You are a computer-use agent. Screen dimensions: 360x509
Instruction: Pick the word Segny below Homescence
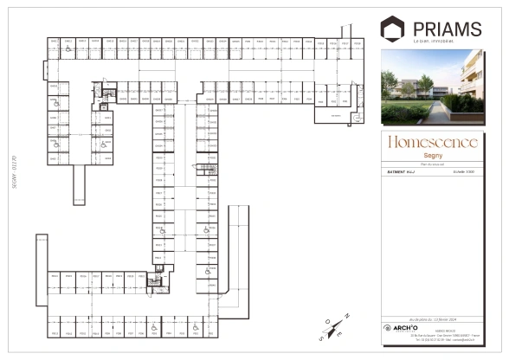point(431,153)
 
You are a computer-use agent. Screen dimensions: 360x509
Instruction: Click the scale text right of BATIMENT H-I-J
point(452,172)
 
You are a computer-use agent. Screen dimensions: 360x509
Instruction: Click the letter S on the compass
point(320,339)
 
